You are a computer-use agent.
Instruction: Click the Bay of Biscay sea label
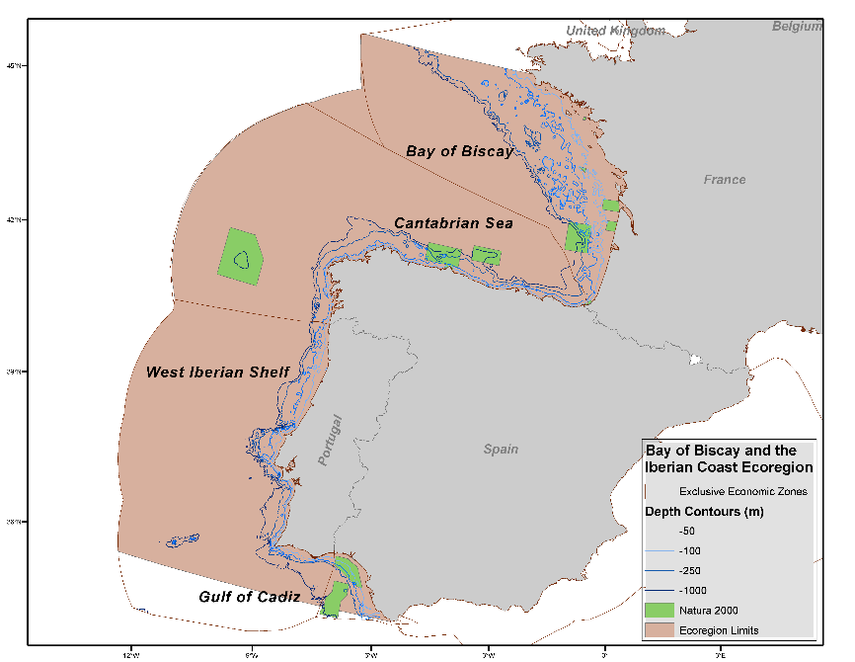pyautogui.click(x=459, y=151)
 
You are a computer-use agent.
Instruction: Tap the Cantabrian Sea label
pyautogui.click(x=453, y=223)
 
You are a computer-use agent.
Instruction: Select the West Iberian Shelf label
pyautogui.click(x=217, y=372)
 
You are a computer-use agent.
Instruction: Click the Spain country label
pyautogui.click(x=501, y=450)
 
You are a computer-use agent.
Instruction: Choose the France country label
pyautogui.click(x=725, y=180)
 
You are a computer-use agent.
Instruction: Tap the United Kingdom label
pyautogui.click(x=614, y=32)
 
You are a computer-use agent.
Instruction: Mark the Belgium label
pyautogui.click(x=797, y=27)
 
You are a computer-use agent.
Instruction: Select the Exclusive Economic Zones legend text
pyautogui.click(x=743, y=491)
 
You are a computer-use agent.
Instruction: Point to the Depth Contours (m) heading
pyautogui.click(x=704, y=512)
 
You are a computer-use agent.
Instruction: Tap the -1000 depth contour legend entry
pyautogui.click(x=692, y=591)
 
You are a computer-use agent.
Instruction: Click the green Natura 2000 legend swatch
pyautogui.click(x=660, y=611)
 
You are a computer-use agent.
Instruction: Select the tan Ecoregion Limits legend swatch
pyautogui.click(x=660, y=629)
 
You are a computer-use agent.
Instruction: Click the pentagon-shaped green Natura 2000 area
pyautogui.click(x=240, y=257)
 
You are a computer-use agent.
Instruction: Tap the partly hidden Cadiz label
pyautogui.click(x=281, y=596)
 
